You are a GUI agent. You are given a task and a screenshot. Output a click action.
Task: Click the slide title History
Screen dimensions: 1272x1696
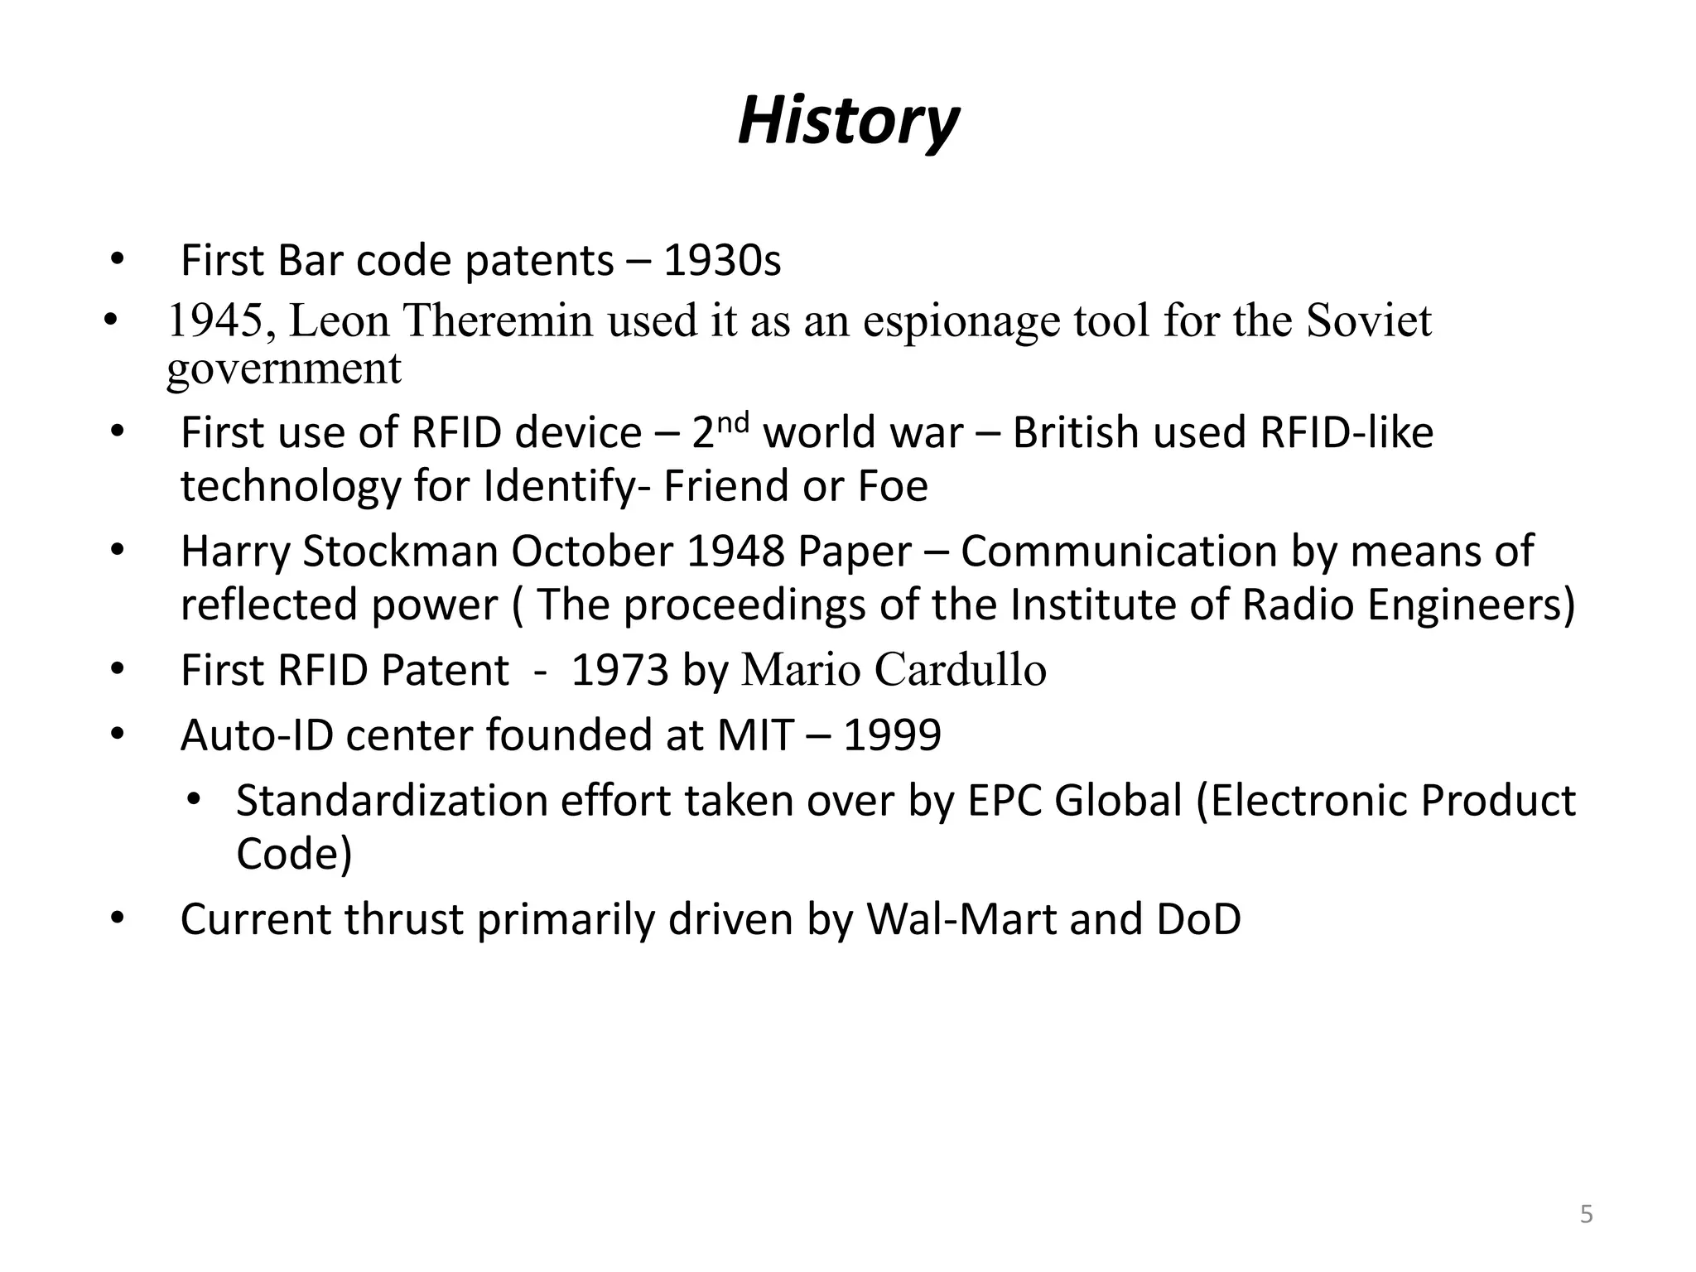coord(847,122)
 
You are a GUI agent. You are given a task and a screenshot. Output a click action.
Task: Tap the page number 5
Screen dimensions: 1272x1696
coord(1586,1215)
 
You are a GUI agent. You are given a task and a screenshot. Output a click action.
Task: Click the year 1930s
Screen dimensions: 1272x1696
coord(722,261)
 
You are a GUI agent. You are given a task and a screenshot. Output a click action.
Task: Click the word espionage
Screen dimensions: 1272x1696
coord(961,321)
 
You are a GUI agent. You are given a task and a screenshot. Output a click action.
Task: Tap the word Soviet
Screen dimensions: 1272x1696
coord(1369,321)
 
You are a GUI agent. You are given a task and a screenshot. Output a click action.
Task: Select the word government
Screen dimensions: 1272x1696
coord(284,369)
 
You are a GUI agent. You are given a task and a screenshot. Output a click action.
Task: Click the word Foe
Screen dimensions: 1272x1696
coord(893,486)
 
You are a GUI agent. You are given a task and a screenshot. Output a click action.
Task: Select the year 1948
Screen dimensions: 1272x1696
coord(735,552)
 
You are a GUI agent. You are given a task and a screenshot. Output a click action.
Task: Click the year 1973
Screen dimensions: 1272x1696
coord(619,670)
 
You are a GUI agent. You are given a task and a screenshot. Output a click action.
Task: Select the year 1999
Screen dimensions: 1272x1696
coord(892,735)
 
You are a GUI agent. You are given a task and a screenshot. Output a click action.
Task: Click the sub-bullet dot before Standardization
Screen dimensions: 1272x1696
coord(195,800)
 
